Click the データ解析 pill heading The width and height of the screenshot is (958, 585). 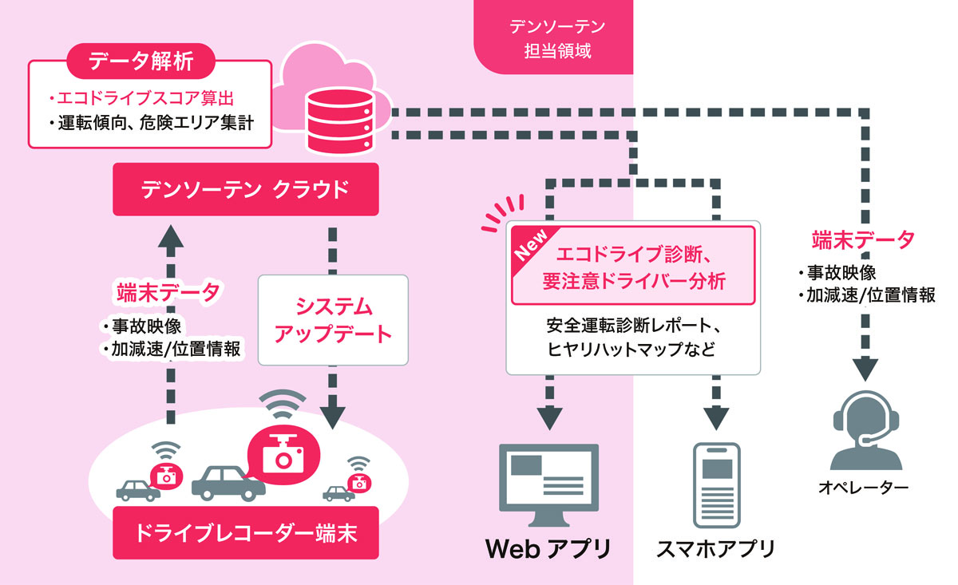tap(141, 61)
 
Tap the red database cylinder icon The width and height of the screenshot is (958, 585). tap(340, 121)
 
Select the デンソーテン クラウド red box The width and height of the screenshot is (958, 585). tap(246, 189)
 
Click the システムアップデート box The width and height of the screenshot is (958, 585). tap(333, 320)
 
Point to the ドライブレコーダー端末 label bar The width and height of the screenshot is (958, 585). tap(246, 533)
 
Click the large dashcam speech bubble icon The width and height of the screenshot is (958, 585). tap(283, 455)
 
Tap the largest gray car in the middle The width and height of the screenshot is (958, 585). tap(228, 483)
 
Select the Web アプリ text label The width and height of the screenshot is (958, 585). tap(548, 549)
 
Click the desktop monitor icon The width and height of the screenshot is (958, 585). tap(549, 485)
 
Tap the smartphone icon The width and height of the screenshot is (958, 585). tap(716, 485)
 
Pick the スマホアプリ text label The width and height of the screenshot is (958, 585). tap(715, 549)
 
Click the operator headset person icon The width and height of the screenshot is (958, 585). tap(865, 431)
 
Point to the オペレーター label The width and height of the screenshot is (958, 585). tap(864, 488)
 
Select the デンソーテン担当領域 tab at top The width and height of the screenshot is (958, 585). tap(553, 38)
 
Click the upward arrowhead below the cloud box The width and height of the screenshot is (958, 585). tap(171, 236)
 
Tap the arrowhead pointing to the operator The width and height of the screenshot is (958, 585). tap(865, 369)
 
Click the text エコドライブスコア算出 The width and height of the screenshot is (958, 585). tap(141, 98)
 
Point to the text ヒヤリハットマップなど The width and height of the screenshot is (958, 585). tap(631, 350)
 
